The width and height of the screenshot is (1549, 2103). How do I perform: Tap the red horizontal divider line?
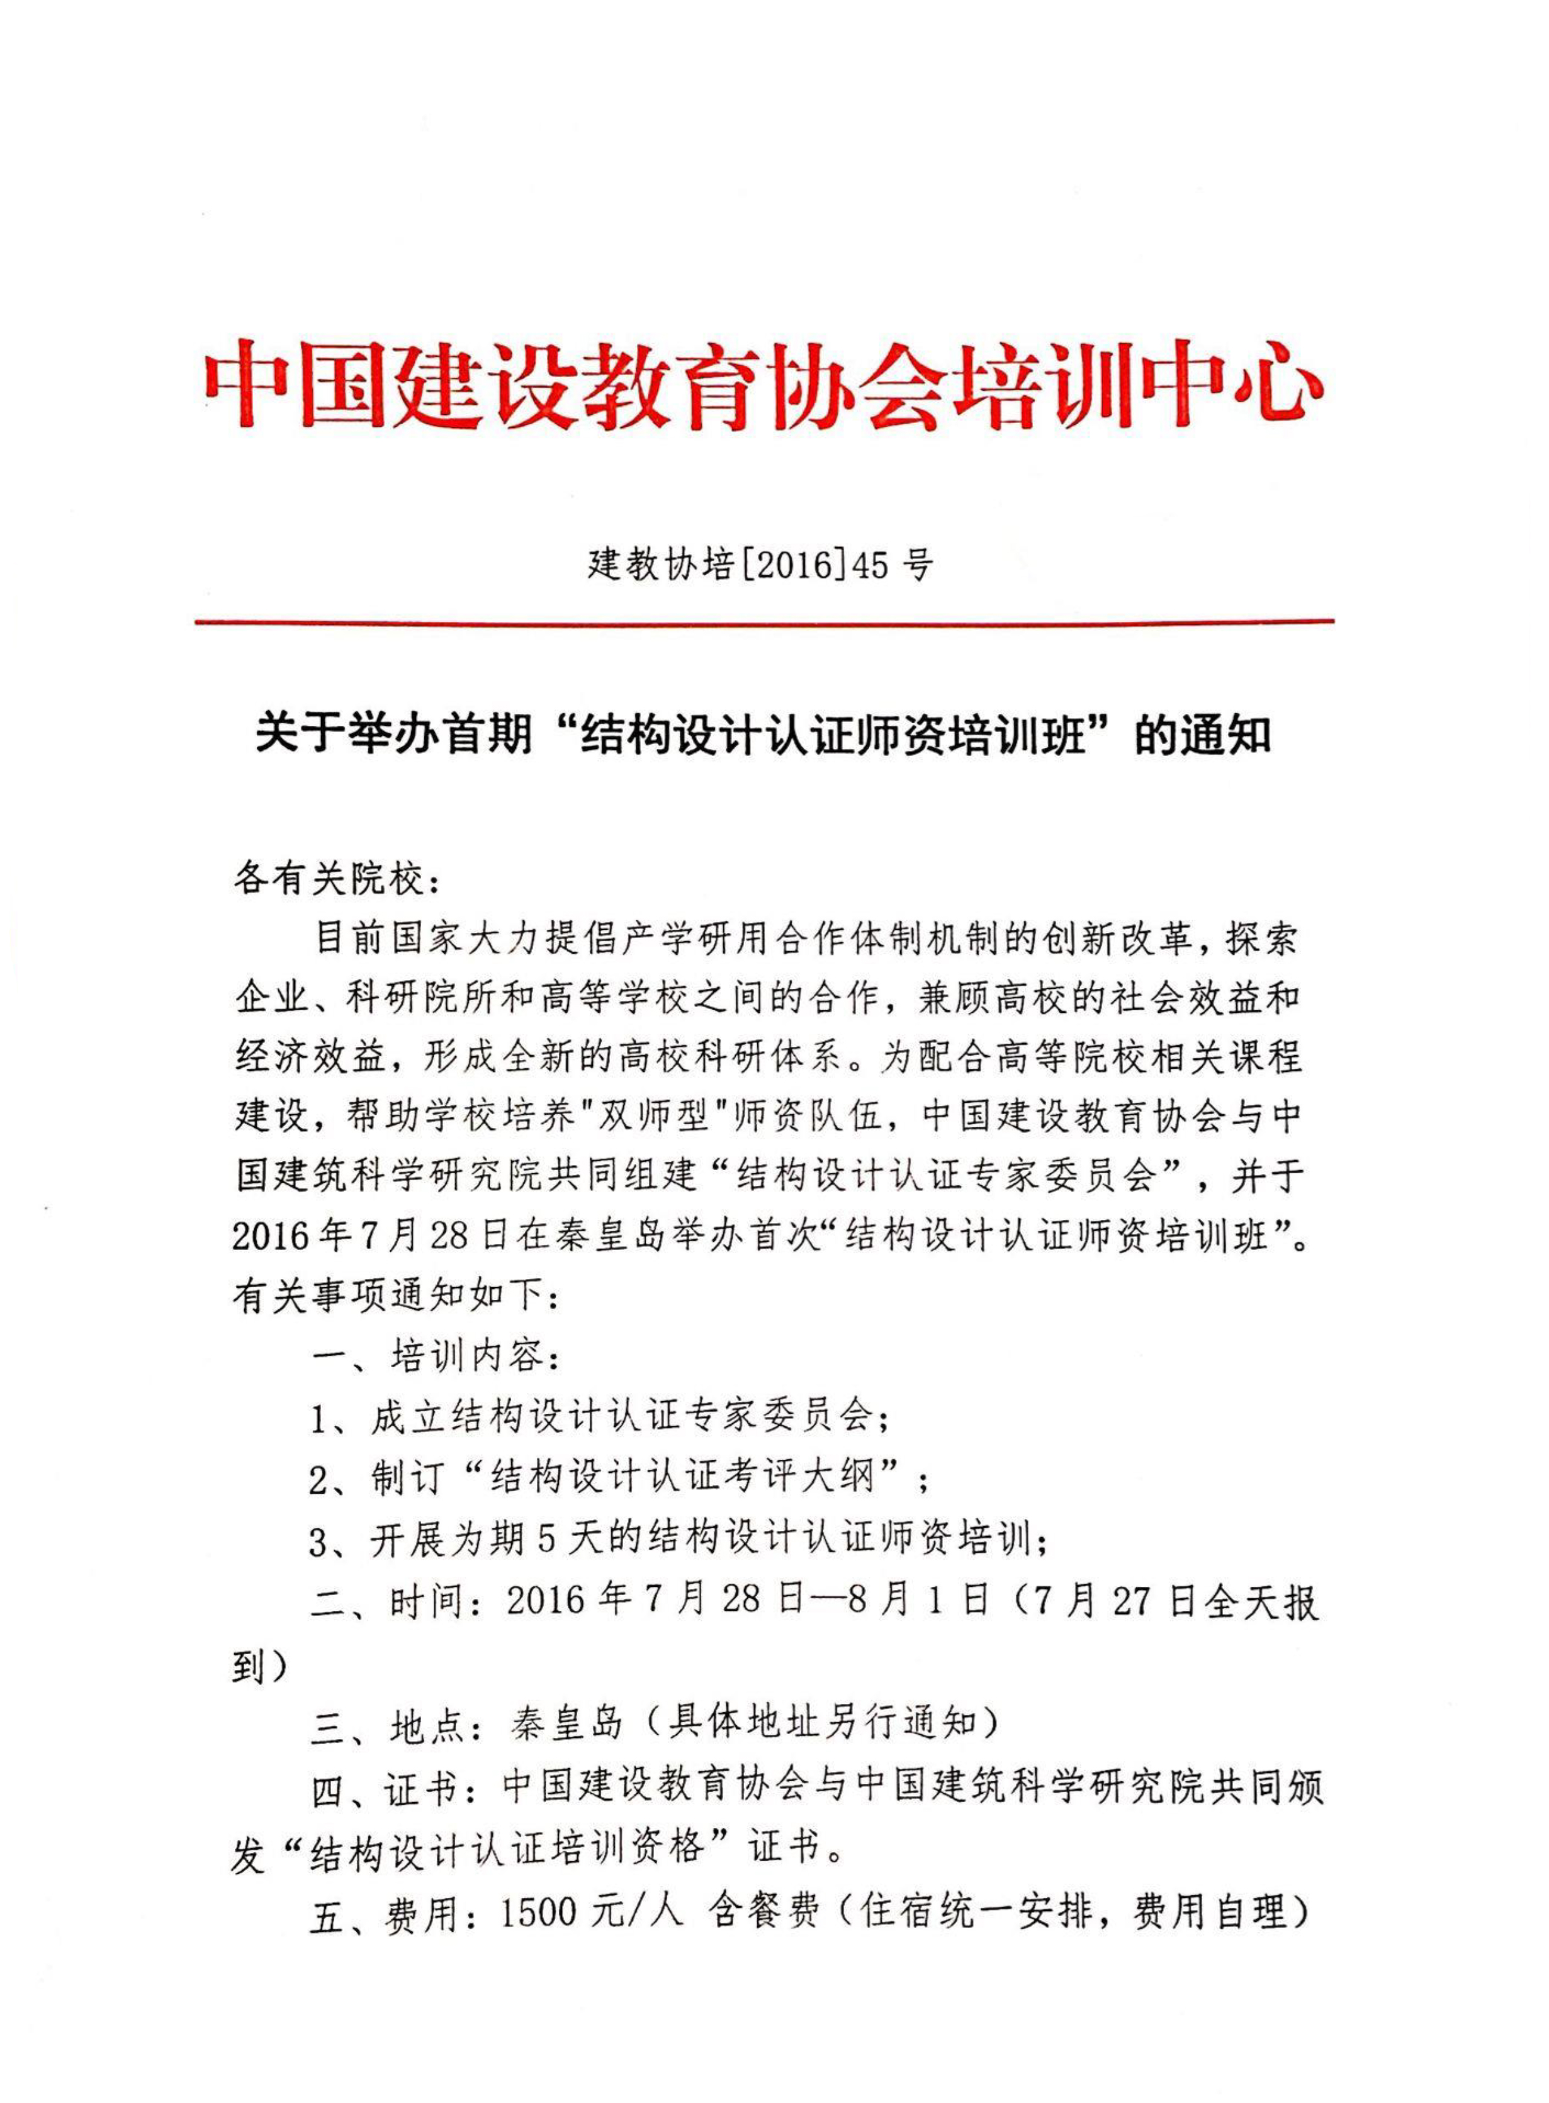point(764,622)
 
